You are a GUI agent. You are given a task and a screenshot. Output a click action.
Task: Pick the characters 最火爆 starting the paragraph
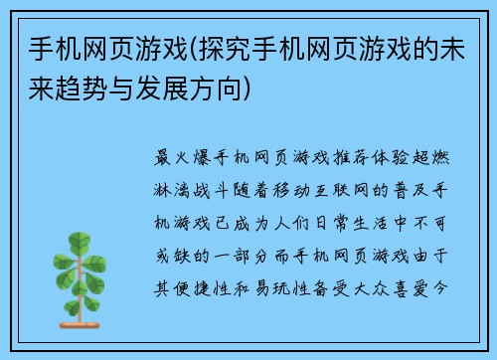point(181,158)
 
